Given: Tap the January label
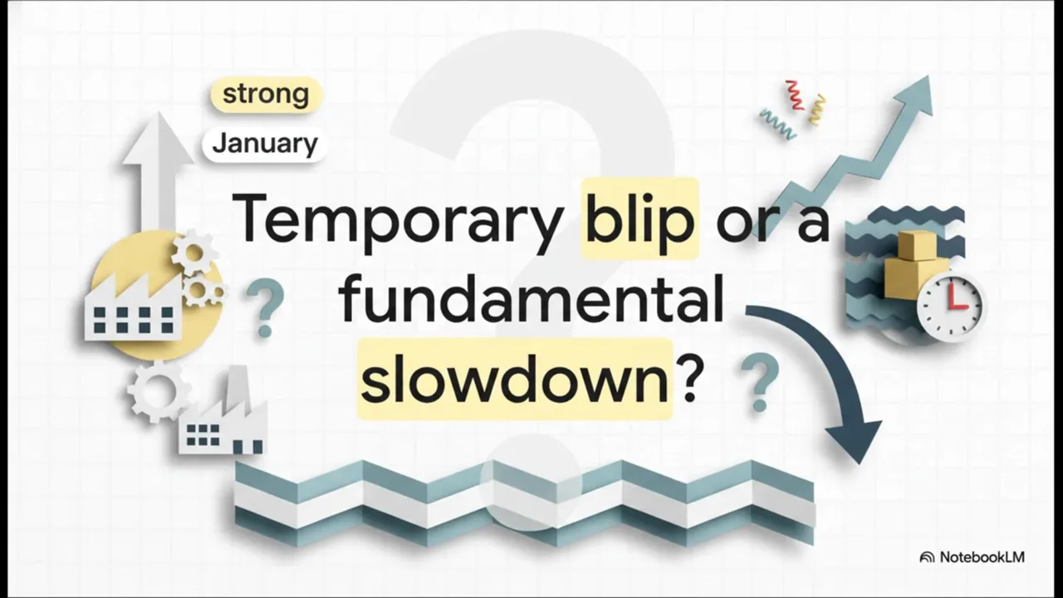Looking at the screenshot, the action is point(265,144).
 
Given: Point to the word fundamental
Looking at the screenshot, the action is point(531,300).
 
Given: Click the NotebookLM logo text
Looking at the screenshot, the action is point(982,556).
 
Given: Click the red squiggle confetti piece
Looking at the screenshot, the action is point(793,95).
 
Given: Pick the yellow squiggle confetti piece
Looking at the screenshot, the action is point(817,109).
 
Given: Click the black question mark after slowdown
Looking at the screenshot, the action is point(688,378).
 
